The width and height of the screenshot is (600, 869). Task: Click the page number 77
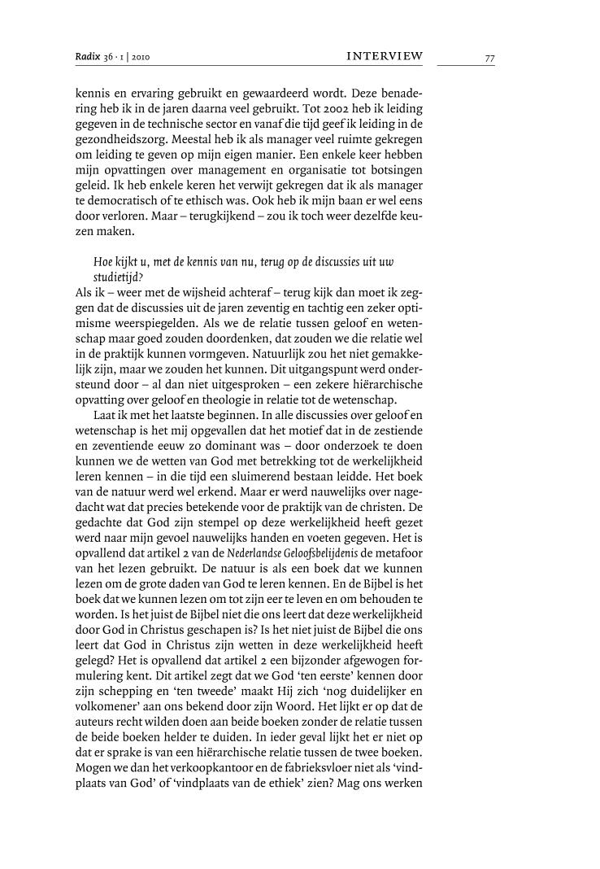point(489,57)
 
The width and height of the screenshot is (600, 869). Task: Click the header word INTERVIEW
point(385,56)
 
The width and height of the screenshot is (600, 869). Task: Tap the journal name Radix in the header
point(87,56)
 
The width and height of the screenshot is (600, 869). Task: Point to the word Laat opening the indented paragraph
point(107,416)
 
